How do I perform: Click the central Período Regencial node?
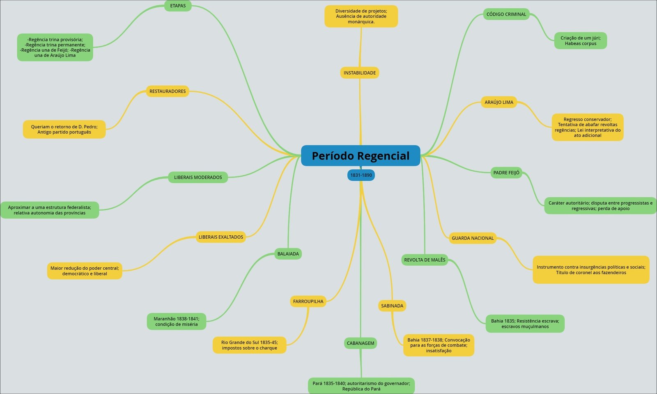(x=361, y=156)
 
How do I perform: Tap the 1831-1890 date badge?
(x=361, y=175)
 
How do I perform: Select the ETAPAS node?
(x=178, y=6)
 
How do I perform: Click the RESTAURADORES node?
(x=168, y=91)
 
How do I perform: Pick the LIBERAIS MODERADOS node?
(x=198, y=177)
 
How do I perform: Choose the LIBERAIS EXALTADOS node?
(x=221, y=237)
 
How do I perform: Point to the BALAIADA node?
(x=288, y=254)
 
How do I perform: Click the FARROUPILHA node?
(x=308, y=301)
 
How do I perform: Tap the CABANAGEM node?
(x=361, y=343)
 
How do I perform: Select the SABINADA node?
(x=392, y=306)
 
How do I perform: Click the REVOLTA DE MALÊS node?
(x=425, y=260)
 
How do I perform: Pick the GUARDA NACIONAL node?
(x=473, y=238)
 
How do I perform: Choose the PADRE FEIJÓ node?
(x=506, y=173)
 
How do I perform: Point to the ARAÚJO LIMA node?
(x=499, y=102)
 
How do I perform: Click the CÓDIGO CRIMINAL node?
(x=506, y=14)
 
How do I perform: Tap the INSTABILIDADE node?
(x=360, y=73)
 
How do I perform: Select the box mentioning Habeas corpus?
(x=580, y=41)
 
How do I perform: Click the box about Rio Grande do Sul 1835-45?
(x=249, y=345)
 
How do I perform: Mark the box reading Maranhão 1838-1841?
(x=177, y=321)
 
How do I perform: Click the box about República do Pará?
(x=361, y=386)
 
